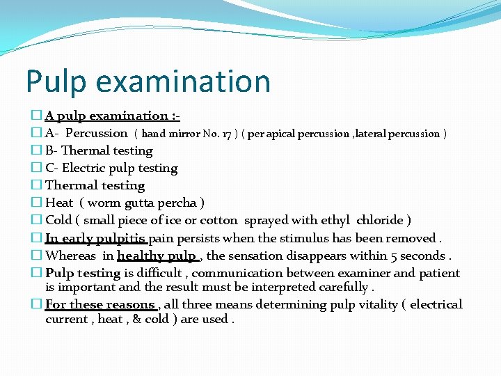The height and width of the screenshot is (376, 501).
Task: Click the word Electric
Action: point(88,168)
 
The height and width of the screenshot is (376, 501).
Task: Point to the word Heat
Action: point(59,203)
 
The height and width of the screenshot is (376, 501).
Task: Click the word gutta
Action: point(142,203)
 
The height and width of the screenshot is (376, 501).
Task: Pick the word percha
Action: point(180,203)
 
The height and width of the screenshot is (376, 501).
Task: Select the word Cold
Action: point(59,220)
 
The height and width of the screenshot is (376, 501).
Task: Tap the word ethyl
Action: point(333,220)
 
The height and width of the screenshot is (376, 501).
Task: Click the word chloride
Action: point(381,220)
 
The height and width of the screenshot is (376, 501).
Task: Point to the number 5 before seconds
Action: point(393,256)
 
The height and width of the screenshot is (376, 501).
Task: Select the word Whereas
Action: point(71,256)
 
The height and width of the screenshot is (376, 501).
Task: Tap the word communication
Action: point(245,273)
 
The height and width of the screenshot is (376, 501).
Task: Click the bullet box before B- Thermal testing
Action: point(37,150)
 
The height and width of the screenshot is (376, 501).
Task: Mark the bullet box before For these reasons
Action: point(37,304)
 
